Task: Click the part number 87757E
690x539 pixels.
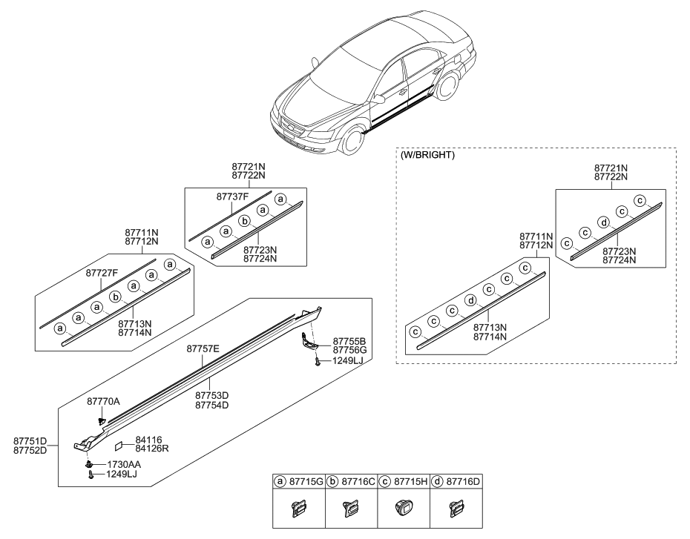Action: click(x=203, y=348)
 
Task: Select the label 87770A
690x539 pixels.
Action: click(x=103, y=401)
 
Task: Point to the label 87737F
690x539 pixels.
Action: click(x=233, y=196)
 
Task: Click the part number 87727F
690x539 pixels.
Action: click(x=102, y=273)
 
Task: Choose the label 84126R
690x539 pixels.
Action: click(x=152, y=449)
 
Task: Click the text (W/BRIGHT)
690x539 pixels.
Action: click(x=427, y=156)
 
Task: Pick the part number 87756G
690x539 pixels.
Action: click(x=349, y=350)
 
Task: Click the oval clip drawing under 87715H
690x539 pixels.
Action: click(x=402, y=509)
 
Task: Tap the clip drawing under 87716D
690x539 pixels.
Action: click(x=454, y=509)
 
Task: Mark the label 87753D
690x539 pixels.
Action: click(x=211, y=395)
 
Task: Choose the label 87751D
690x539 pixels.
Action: click(x=30, y=440)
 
